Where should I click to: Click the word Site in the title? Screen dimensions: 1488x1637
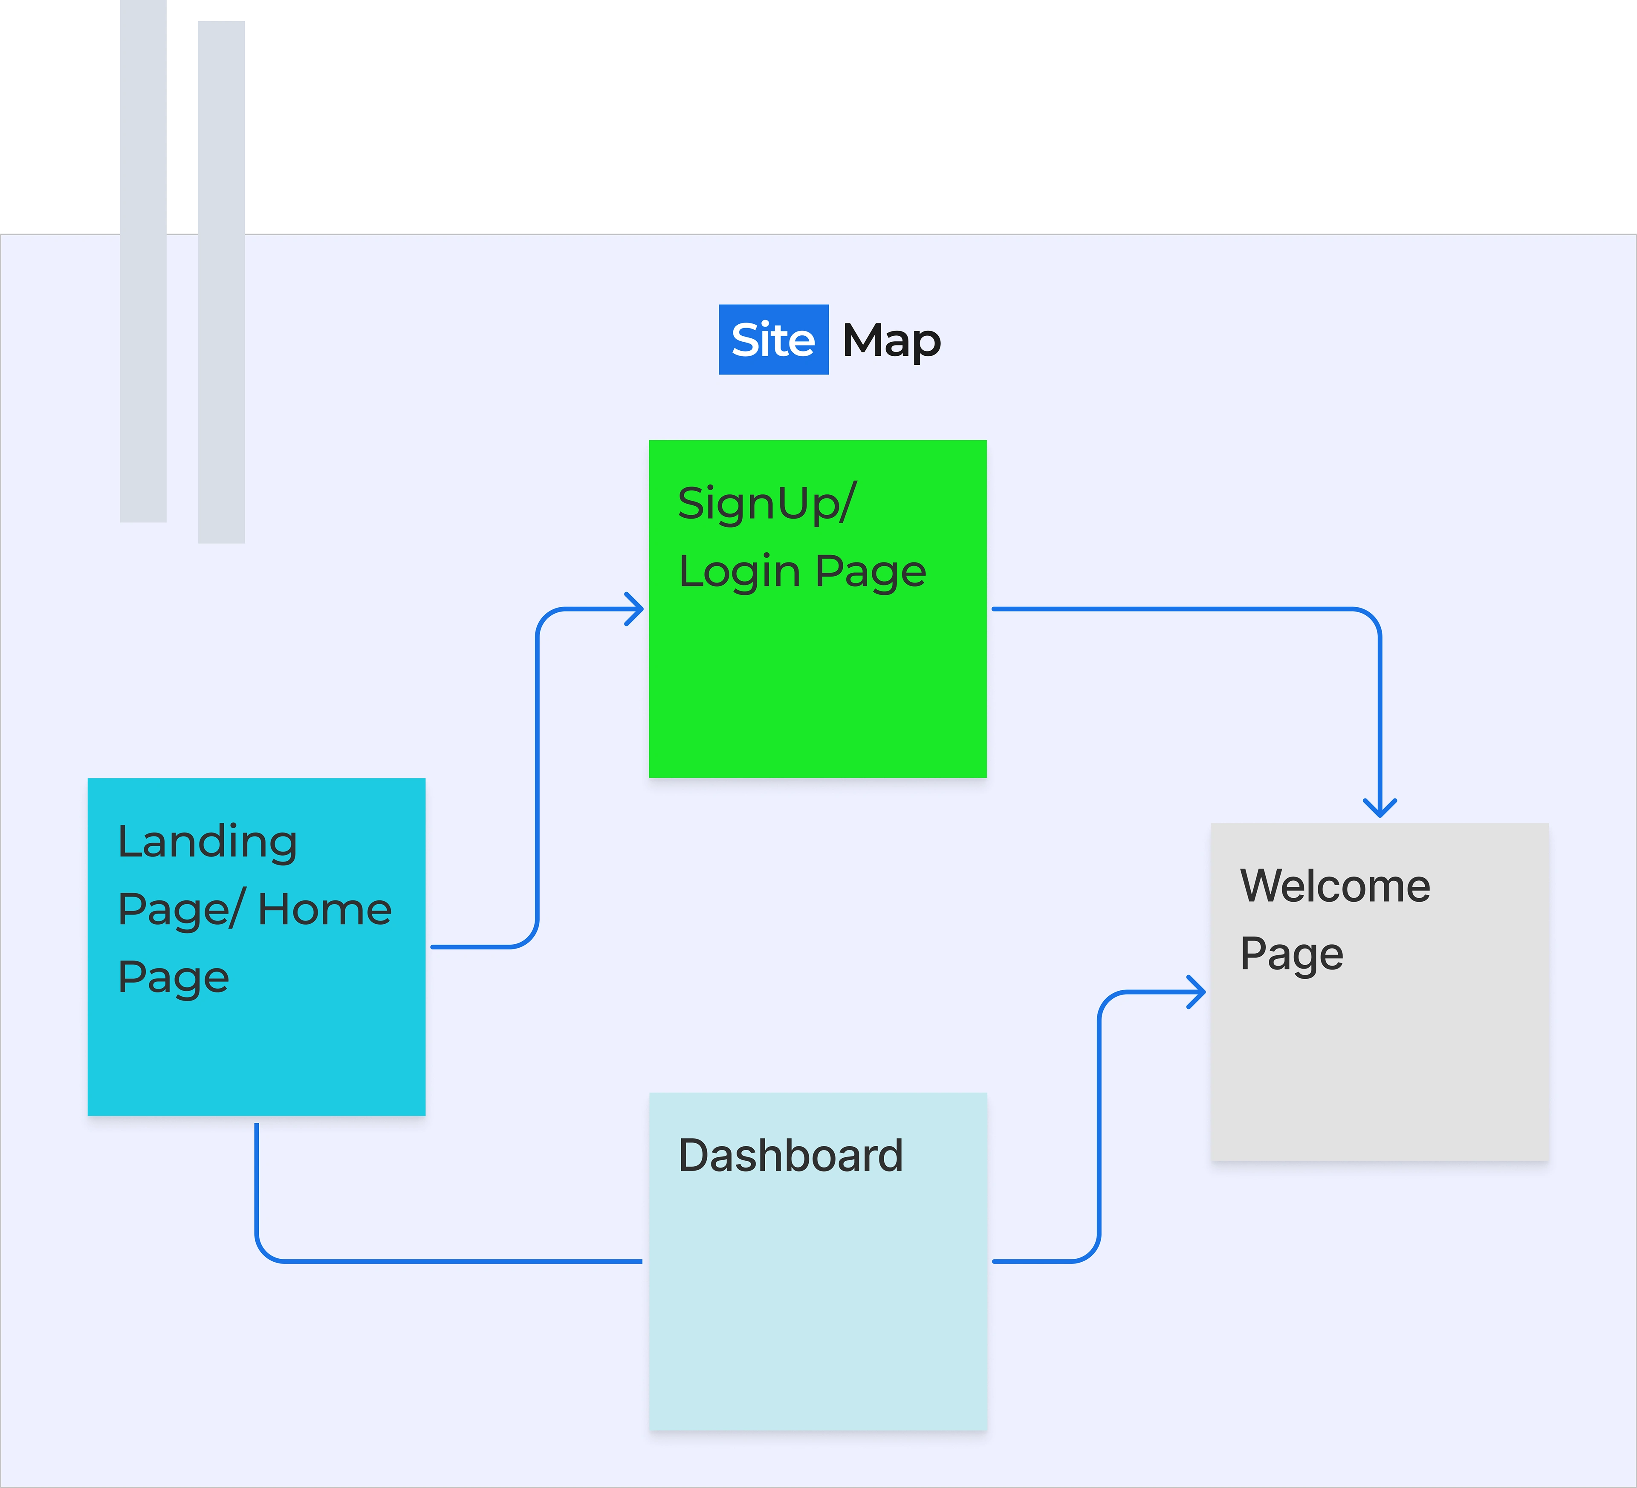773,339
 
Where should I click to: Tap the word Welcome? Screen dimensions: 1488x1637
1335,885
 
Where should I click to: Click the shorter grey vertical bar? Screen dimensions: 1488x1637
143,260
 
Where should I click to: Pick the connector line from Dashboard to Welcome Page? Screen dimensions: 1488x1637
1099,1136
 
